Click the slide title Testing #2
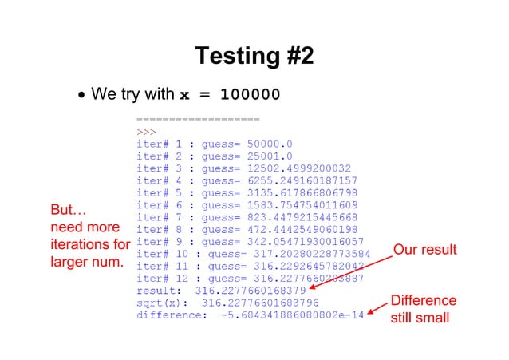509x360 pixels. point(254,56)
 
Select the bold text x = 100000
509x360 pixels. point(230,95)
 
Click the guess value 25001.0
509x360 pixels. point(270,157)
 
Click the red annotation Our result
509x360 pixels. point(424,251)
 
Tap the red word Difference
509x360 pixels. point(423,301)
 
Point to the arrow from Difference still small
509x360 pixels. point(377,308)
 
